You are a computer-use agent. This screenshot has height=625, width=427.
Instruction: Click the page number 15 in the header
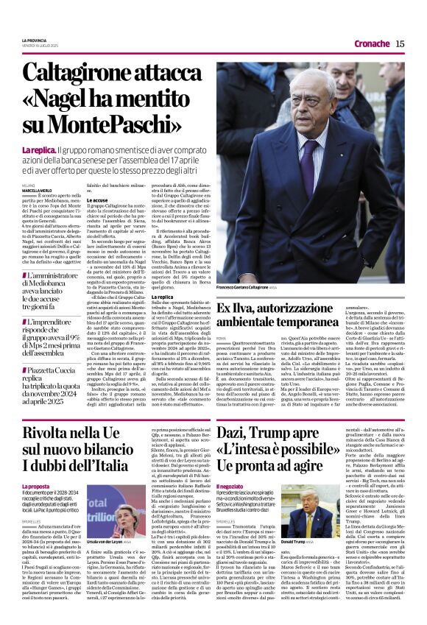[400, 43]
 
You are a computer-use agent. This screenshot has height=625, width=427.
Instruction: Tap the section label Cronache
[372, 43]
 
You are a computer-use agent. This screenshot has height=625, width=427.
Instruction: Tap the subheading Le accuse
[97, 199]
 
